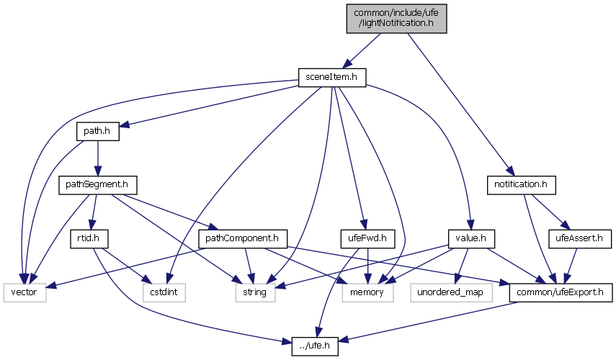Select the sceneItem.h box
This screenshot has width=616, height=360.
[x=332, y=76]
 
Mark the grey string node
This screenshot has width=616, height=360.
[x=255, y=292]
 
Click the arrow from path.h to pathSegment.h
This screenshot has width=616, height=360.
[x=95, y=158]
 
